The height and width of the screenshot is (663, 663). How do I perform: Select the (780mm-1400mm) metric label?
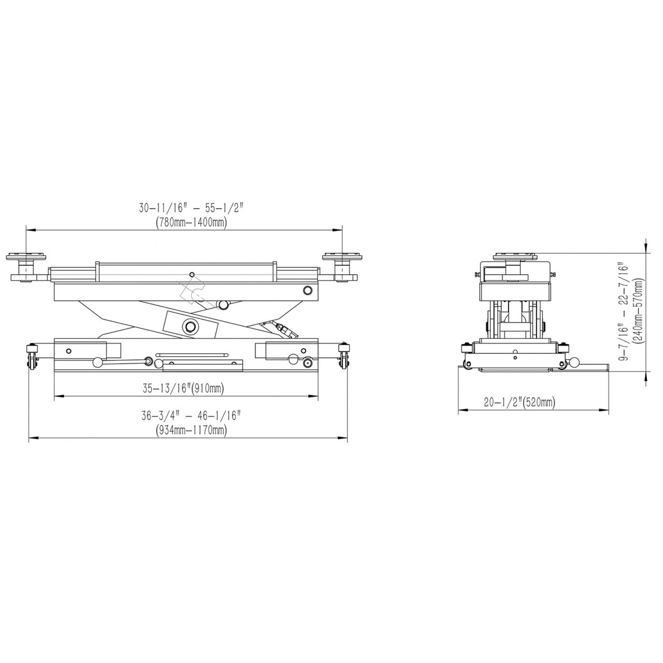click(x=191, y=223)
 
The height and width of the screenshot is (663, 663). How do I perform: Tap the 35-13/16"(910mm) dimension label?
click(x=183, y=389)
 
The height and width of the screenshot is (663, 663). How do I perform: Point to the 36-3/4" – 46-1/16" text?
click(x=191, y=415)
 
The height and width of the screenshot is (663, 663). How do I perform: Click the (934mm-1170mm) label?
click(x=191, y=430)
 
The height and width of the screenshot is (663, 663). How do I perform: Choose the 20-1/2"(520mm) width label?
click(x=519, y=402)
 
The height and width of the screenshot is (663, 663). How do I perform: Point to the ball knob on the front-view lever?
click(x=97, y=363)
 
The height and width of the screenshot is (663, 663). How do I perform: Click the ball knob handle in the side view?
click(x=575, y=362)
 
